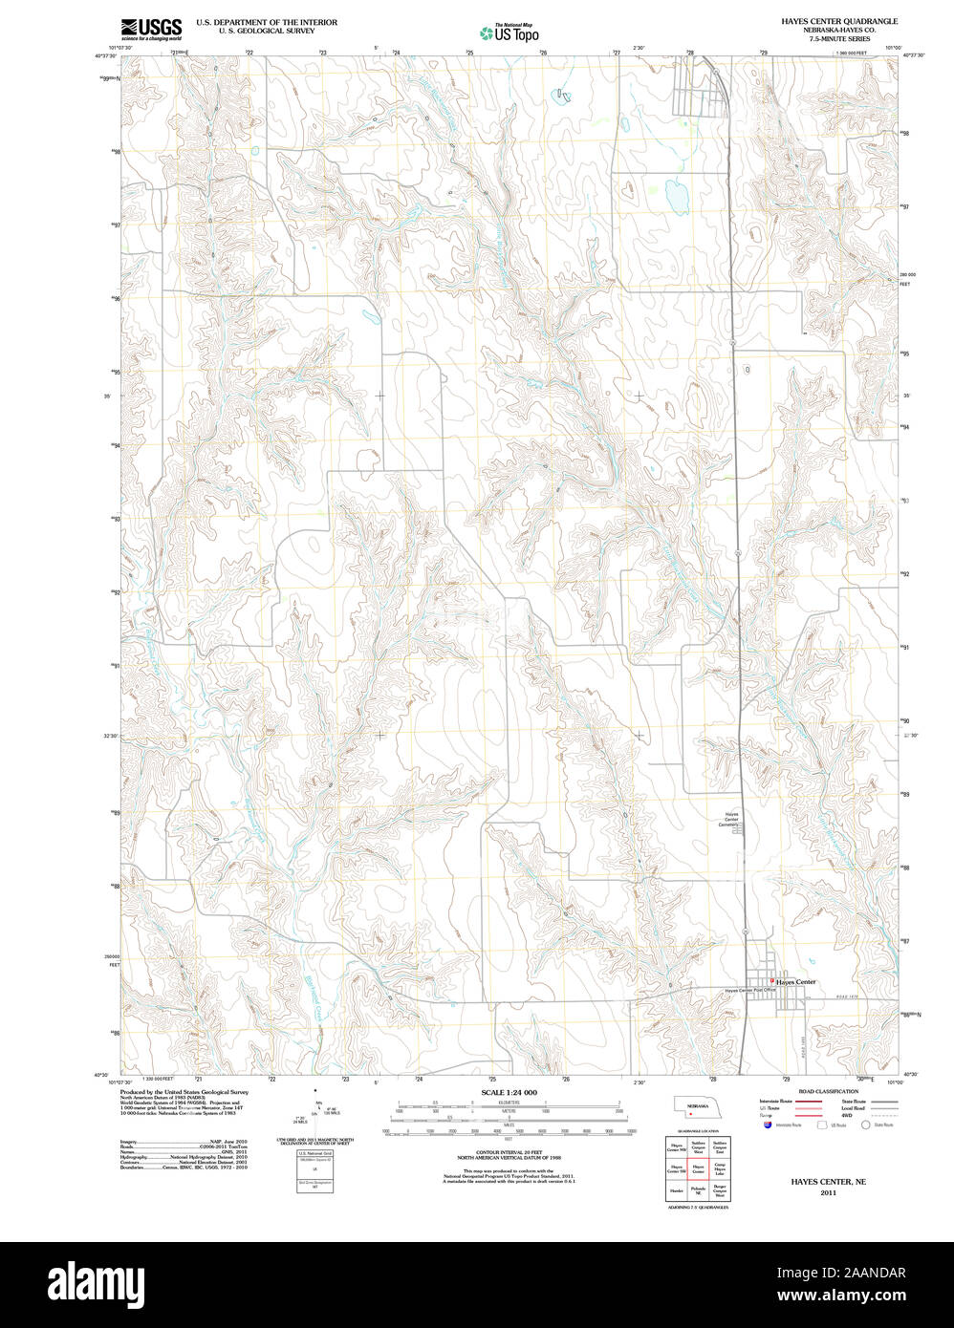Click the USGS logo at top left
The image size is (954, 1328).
pos(151,30)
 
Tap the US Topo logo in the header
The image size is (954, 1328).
pos(509,32)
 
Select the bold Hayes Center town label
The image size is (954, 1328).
pos(795,982)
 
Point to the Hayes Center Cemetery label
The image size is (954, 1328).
pos(730,820)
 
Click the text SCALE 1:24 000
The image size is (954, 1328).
pos(509,1092)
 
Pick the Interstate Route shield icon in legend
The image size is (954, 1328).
pos(768,1125)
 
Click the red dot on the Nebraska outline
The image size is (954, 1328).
pos(689,1113)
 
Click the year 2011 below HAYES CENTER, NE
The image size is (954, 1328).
pos(828,1192)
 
